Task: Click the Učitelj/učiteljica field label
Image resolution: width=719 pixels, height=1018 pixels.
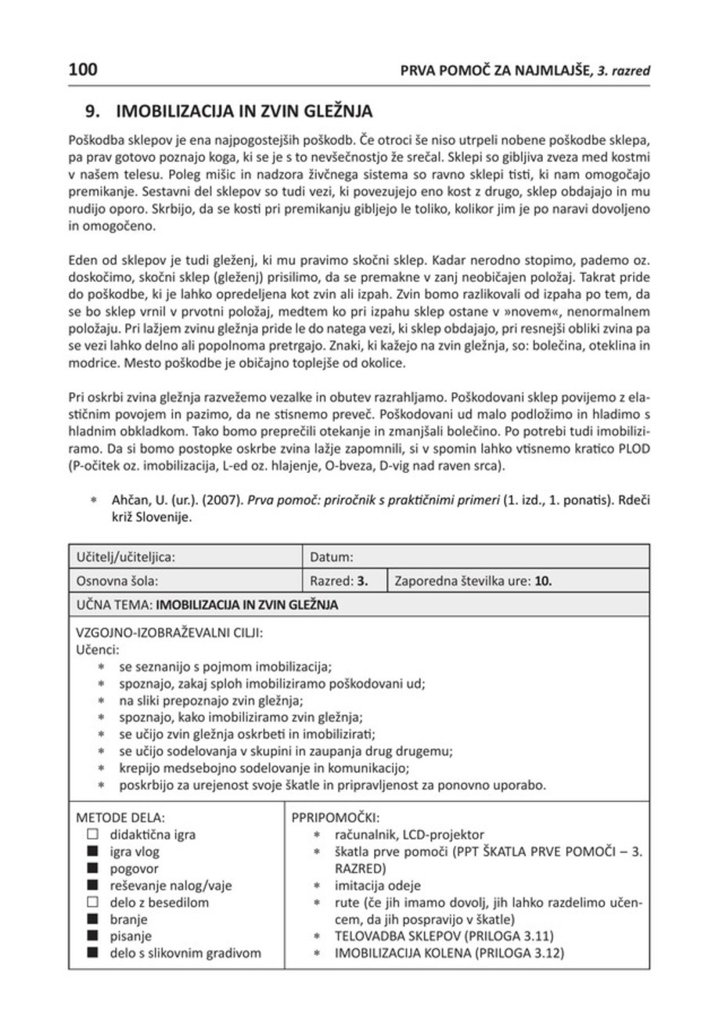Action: click(x=124, y=557)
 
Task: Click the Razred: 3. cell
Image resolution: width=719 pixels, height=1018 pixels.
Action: click(x=339, y=581)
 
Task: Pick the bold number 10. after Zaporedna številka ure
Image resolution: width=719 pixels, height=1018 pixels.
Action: click(x=545, y=581)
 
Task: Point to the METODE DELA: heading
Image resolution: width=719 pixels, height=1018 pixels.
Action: click(x=120, y=818)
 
